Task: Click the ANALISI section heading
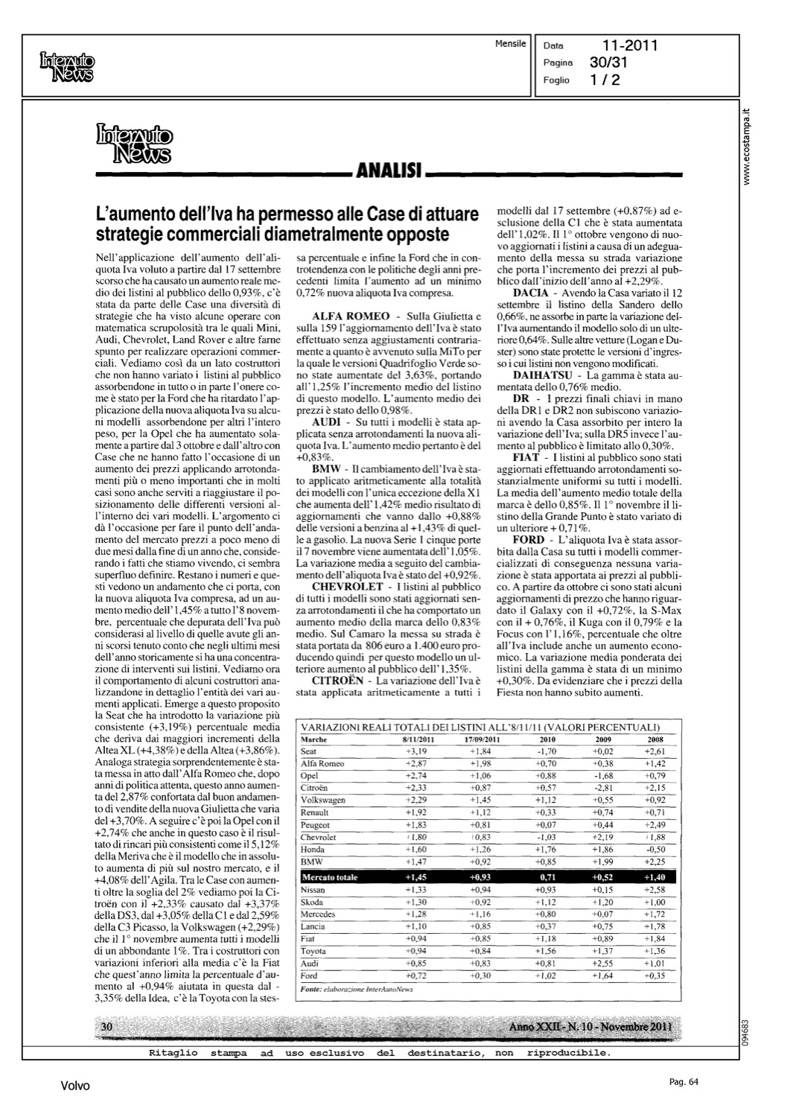(x=389, y=175)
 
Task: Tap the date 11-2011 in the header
(x=630, y=45)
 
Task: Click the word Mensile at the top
(x=510, y=44)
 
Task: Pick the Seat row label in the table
(x=308, y=752)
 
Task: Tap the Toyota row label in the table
(x=313, y=951)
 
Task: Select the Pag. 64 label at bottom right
(x=680, y=1082)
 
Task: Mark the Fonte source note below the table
(x=355, y=990)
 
